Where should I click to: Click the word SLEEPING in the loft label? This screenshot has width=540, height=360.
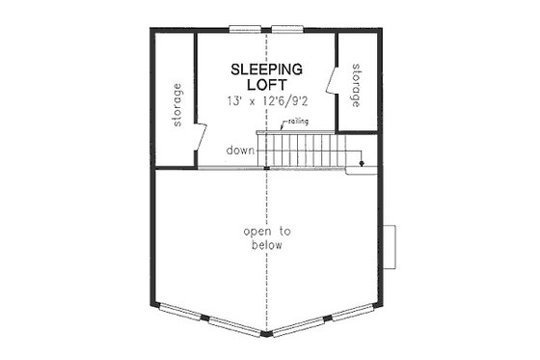pos(266,69)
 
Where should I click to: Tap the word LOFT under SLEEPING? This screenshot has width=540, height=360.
pos(266,84)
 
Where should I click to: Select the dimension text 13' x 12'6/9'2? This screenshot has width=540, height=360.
pos(266,101)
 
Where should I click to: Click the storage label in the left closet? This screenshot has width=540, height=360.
pos(176,105)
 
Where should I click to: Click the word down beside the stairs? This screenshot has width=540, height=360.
pos(240,151)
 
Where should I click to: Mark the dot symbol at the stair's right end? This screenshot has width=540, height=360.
pos(363,164)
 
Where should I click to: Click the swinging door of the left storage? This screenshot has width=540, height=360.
pos(201,141)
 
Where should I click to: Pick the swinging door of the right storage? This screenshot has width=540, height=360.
pos(335,81)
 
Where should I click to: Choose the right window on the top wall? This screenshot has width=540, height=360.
pos(286,27)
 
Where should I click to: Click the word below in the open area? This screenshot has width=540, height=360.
pos(267,246)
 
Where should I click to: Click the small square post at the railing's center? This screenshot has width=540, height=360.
pos(267,169)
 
